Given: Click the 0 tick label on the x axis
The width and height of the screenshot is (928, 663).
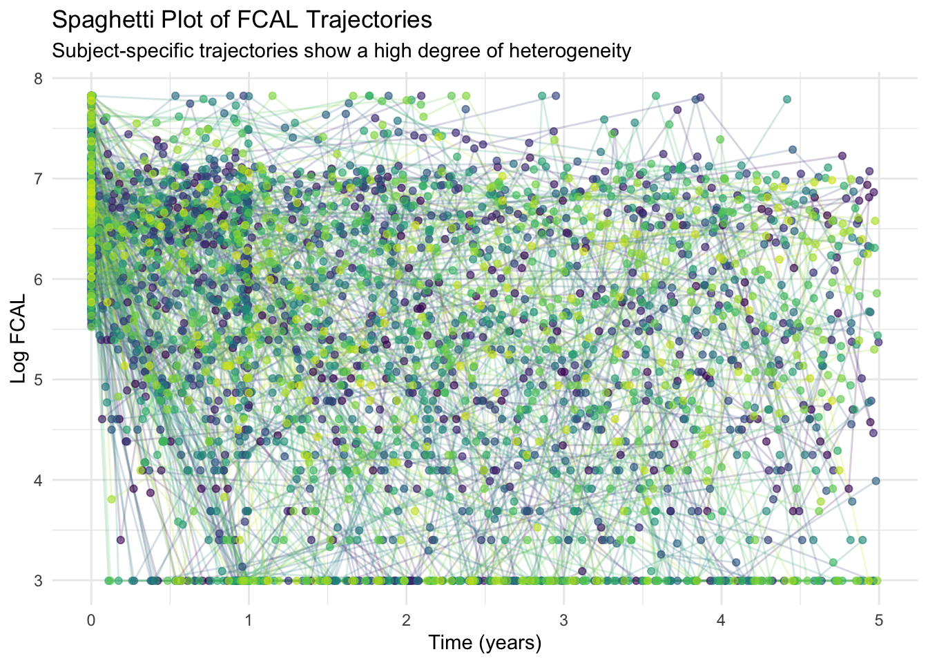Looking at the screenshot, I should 91,619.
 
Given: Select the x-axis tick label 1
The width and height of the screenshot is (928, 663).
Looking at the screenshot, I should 249,619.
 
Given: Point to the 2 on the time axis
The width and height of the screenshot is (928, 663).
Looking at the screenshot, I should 406,619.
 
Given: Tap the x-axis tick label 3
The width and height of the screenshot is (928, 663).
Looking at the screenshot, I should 564,619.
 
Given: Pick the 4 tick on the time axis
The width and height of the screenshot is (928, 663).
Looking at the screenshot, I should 722,619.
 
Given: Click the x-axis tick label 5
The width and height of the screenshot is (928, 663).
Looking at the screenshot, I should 879,619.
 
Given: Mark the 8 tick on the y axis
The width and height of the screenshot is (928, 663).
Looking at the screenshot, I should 38,79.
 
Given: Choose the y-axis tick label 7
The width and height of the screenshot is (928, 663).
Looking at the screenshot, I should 38,179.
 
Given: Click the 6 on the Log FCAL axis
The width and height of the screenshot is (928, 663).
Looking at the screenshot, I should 38,279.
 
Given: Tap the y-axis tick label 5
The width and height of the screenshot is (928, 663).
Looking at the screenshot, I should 38,380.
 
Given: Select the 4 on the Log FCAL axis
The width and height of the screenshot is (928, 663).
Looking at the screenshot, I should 38,480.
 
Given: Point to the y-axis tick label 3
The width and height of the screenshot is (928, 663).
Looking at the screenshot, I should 38,581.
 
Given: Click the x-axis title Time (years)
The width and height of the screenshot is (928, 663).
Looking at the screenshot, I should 485,644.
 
